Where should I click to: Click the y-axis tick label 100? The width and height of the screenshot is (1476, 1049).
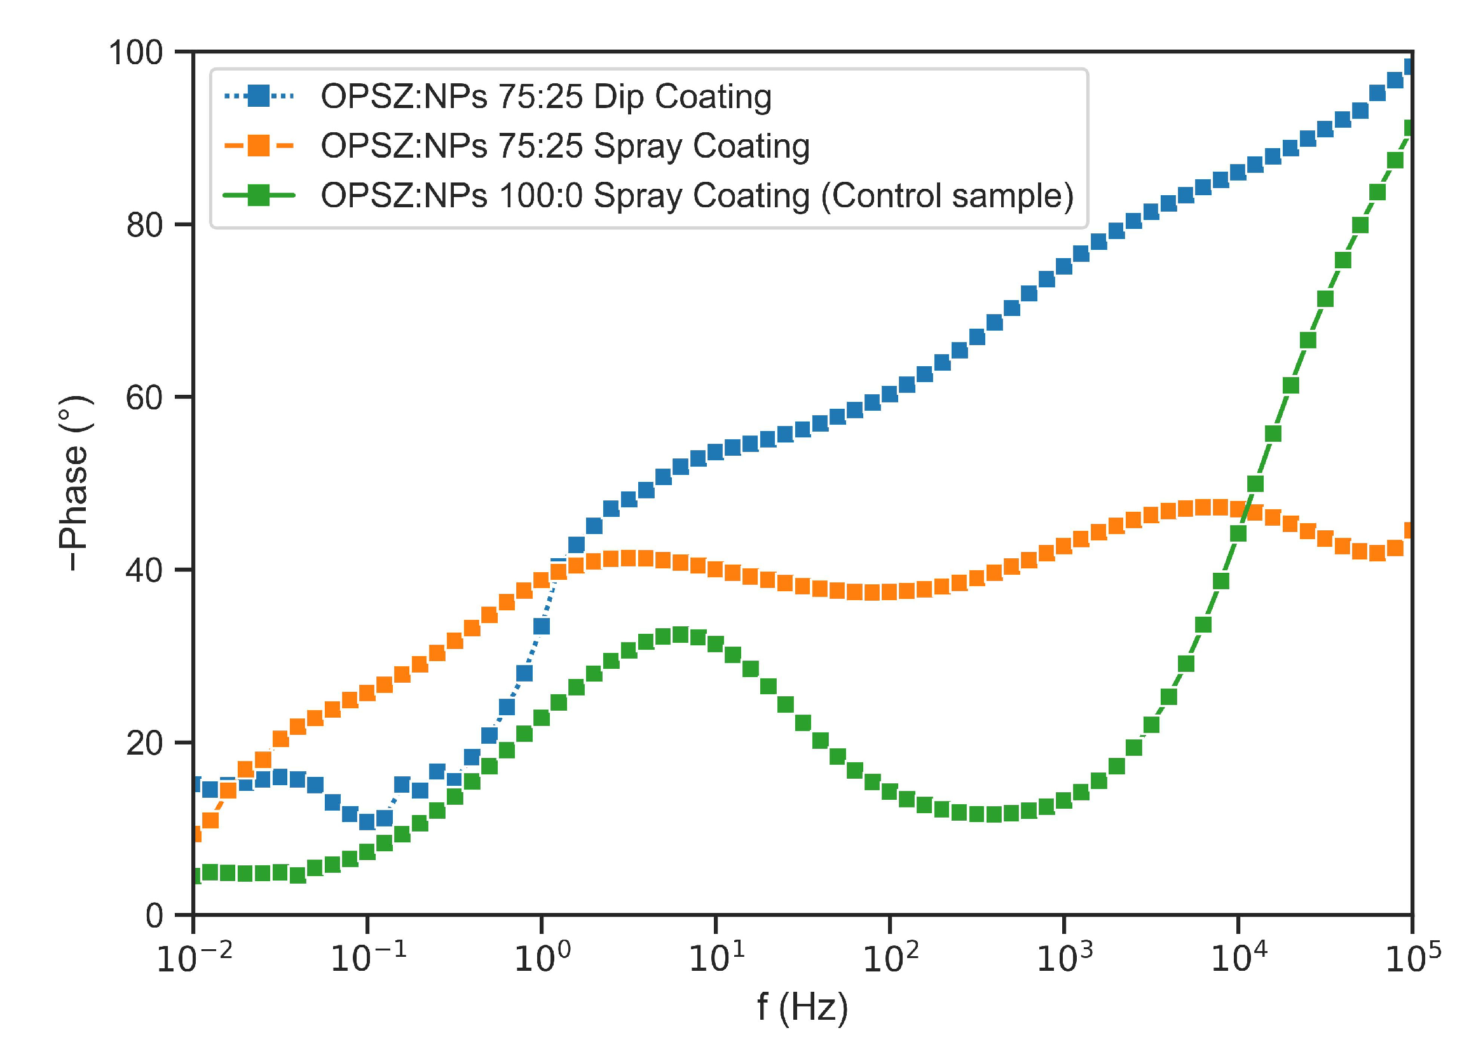pyautogui.click(x=135, y=52)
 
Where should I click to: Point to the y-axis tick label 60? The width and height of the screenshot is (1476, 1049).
pyautogui.click(x=144, y=398)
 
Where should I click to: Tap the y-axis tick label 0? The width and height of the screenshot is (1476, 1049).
pyautogui.click(x=154, y=916)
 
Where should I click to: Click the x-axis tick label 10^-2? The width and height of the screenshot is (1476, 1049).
pyautogui.click(x=194, y=957)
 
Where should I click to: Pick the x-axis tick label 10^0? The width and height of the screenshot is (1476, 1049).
pyautogui.click(x=542, y=957)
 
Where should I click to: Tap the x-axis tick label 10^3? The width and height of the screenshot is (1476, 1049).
pyautogui.click(x=1063, y=957)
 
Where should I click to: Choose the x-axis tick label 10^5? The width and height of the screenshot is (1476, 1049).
pyautogui.click(x=1412, y=957)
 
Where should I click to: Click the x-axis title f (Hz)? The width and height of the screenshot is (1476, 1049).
pyautogui.click(x=802, y=1007)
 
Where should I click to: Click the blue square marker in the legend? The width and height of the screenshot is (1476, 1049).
pyautogui.click(x=258, y=96)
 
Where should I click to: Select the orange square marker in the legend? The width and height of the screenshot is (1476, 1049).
pyautogui.click(x=258, y=146)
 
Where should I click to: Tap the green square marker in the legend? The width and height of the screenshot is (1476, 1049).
pyautogui.click(x=258, y=195)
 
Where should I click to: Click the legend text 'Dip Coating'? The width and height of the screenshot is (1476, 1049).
pyautogui.click(x=682, y=97)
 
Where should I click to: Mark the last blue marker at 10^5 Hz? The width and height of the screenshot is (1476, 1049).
pyautogui.click(x=1409, y=67)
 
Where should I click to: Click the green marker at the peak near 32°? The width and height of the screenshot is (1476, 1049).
pyautogui.click(x=681, y=635)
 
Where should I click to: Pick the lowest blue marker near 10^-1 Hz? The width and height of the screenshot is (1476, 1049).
pyautogui.click(x=367, y=821)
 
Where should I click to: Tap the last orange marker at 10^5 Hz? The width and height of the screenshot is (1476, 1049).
pyautogui.click(x=1409, y=531)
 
